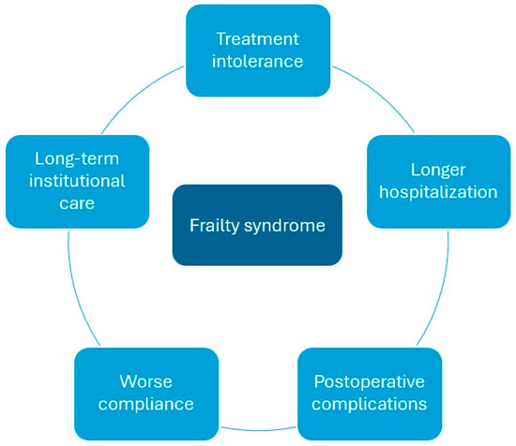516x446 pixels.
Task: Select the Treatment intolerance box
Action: pyautogui.click(x=258, y=51)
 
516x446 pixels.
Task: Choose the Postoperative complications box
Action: pyautogui.click(x=370, y=394)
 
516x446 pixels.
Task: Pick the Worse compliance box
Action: pyautogui.click(x=145, y=394)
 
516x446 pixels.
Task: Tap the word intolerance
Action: pyautogui.click(x=258, y=63)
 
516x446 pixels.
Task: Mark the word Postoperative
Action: pyautogui.click(x=370, y=382)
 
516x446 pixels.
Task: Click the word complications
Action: pyautogui.click(x=370, y=405)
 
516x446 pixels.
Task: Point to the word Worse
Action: pyautogui.click(x=145, y=382)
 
